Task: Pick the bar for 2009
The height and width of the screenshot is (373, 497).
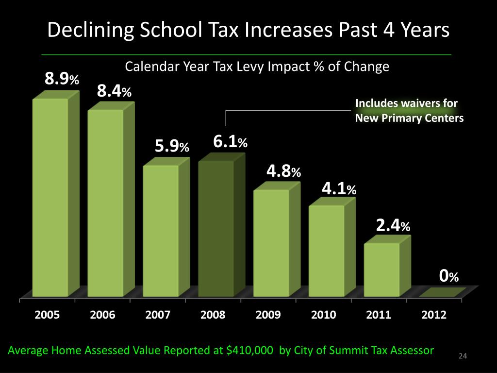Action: [271, 242]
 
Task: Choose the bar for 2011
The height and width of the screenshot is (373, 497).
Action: [381, 269]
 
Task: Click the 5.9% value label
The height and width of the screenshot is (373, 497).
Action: [172, 146]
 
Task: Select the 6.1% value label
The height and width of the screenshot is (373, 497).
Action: [231, 142]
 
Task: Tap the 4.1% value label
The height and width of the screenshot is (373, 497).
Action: [339, 188]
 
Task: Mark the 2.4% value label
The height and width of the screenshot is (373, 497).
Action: [394, 225]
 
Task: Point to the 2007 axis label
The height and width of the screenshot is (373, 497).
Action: [158, 315]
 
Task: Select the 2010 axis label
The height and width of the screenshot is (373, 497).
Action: [324, 315]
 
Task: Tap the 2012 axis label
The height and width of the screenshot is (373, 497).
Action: [434, 315]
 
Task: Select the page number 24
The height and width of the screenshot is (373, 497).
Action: [463, 357]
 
